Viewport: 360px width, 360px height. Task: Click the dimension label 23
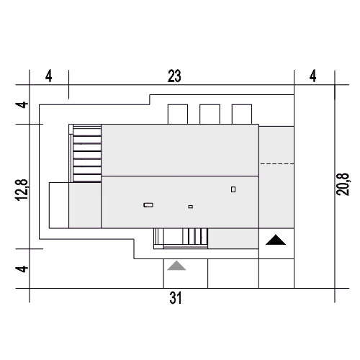[174, 76]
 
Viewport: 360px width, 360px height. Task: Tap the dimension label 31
[176, 298]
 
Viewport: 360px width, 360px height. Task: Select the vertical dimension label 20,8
[343, 184]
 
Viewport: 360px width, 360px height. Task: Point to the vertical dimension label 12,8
[22, 189]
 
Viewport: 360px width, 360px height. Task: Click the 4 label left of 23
[49, 76]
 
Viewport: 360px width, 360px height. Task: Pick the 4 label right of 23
[312, 76]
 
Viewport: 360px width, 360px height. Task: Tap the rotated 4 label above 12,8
[22, 105]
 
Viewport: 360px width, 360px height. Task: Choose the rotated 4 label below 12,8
[22, 269]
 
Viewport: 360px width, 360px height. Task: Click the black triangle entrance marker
[276, 240]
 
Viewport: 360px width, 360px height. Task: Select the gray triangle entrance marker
[176, 266]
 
